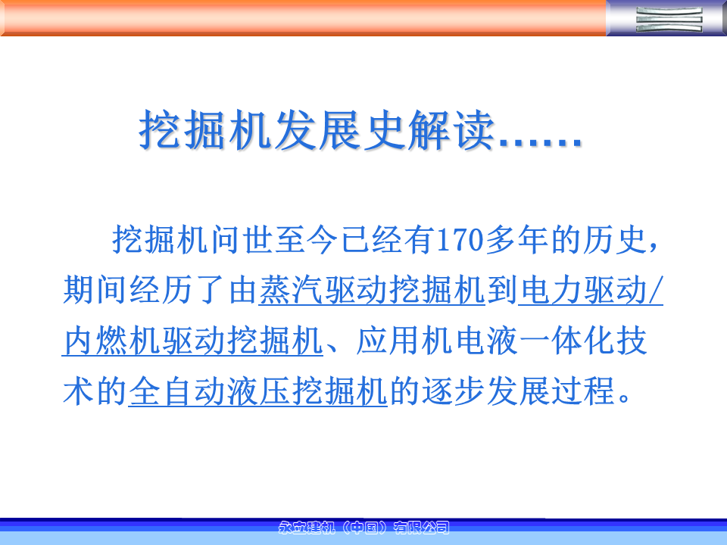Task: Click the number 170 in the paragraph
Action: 460,240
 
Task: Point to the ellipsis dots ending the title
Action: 540,142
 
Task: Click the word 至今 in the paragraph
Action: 305,240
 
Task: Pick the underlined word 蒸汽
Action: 291,291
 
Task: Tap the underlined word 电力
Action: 551,291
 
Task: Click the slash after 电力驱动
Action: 655,291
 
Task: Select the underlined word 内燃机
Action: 111,341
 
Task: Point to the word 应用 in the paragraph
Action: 388,341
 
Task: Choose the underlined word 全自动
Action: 177,391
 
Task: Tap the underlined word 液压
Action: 258,391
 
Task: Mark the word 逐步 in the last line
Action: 454,391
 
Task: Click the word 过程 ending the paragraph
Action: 583,391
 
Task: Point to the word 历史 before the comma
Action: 615,240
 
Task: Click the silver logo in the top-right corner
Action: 669,19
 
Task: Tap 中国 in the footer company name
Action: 364,528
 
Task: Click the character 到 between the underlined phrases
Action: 502,291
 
